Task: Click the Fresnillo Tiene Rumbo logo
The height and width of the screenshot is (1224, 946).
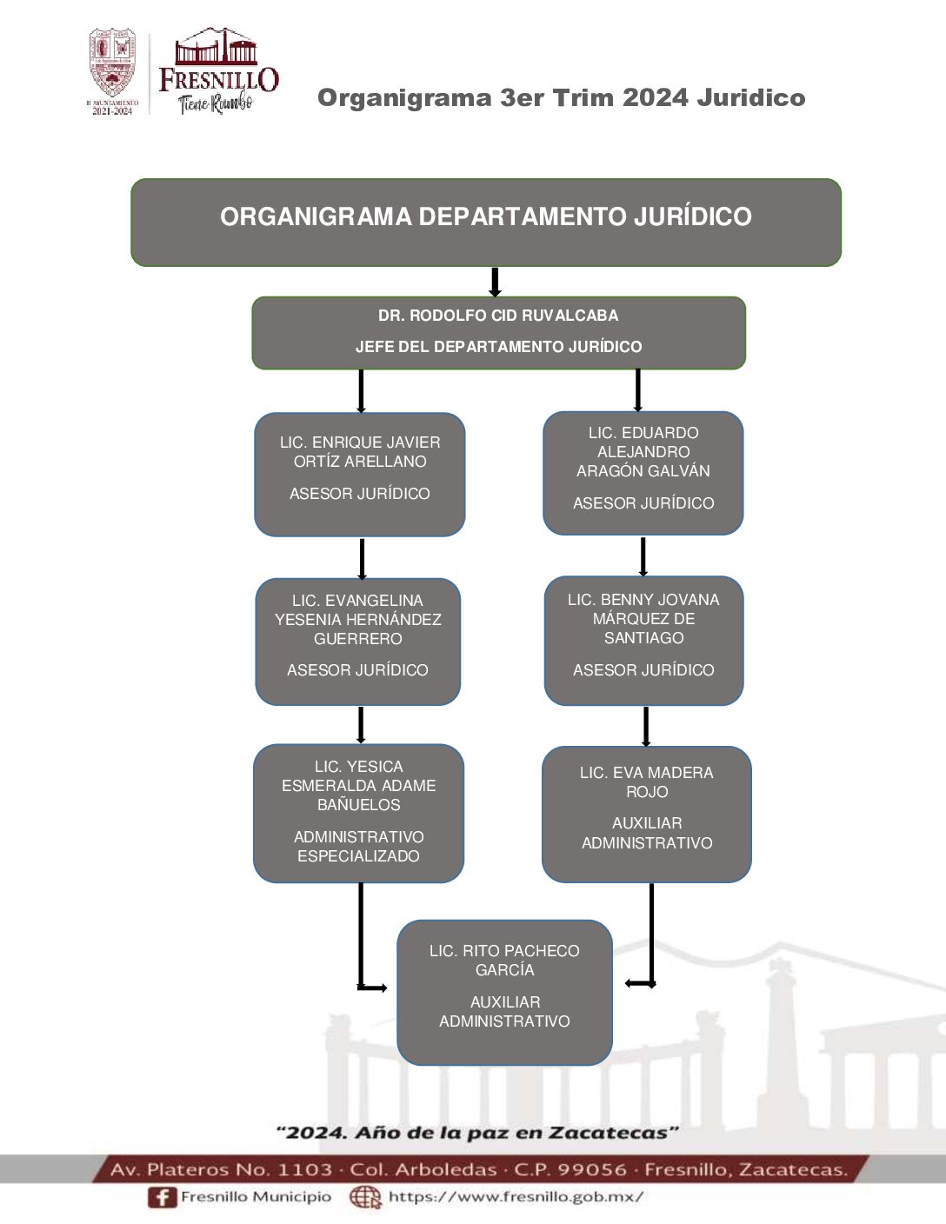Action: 217,72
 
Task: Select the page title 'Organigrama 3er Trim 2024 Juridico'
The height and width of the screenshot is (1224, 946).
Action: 561,97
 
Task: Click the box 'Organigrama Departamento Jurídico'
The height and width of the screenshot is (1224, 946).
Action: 485,222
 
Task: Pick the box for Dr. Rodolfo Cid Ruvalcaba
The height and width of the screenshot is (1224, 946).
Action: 498,332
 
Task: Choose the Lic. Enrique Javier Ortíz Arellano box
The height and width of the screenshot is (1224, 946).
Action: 359,474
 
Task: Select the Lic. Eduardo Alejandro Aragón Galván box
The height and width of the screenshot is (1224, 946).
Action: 643,472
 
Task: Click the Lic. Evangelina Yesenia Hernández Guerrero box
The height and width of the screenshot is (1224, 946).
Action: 357,641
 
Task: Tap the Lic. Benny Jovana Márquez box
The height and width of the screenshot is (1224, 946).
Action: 643,640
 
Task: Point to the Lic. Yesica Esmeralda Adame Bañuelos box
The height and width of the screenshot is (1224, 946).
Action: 358,813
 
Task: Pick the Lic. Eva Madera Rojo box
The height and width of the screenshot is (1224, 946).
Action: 646,814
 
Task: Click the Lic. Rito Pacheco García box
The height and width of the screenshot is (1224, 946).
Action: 504,992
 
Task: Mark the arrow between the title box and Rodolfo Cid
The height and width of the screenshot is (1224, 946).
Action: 495,283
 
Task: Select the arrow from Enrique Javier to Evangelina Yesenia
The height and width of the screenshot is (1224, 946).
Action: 362,558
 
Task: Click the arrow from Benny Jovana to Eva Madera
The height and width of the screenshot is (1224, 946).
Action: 645,727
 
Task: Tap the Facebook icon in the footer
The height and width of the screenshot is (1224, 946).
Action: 162,1197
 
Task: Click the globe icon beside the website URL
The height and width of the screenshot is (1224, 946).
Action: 365,1197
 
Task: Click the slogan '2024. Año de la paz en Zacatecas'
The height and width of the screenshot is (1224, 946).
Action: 476,1133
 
